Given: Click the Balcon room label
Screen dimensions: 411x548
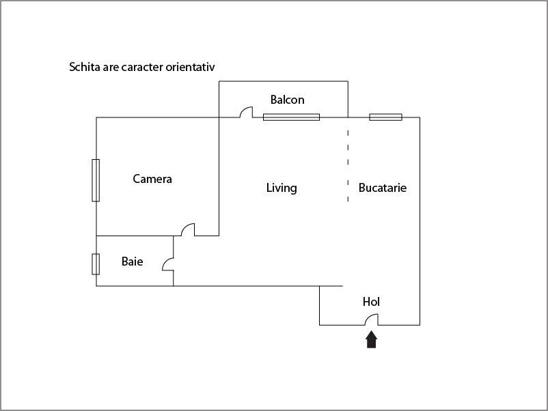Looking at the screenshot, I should click(x=287, y=100).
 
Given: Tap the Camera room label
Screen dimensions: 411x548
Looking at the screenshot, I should click(x=152, y=180).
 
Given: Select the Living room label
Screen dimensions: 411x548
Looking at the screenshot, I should click(x=282, y=188).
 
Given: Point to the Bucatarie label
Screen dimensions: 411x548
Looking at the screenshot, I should click(x=383, y=188).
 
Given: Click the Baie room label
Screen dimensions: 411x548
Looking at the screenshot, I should click(x=133, y=261).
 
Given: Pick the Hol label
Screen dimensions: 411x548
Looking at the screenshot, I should click(x=371, y=302).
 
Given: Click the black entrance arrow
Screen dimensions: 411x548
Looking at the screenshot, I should click(x=371, y=340).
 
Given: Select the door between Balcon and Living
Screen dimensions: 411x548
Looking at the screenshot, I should click(x=247, y=112).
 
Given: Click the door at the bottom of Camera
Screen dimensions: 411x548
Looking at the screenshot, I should click(x=188, y=229).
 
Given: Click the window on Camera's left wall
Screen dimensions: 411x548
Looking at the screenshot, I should click(x=96, y=180).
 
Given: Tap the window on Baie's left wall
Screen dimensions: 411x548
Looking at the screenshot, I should click(x=96, y=264).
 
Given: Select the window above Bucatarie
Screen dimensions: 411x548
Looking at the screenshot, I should click(x=385, y=117).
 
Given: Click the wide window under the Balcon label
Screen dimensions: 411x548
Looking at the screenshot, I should click(x=291, y=117).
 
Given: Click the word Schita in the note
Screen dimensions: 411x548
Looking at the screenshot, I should click(x=84, y=68).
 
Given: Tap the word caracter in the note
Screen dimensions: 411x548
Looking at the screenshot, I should click(x=142, y=68).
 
